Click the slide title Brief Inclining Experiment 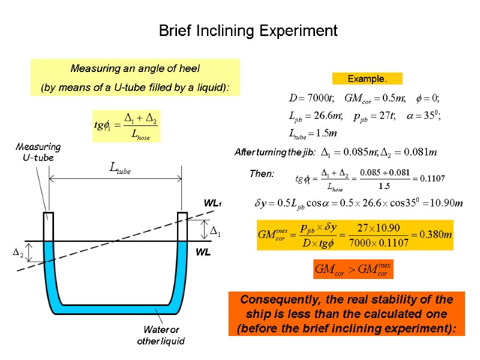248,31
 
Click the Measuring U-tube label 38,152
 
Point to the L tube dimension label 119,170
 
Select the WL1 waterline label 212,204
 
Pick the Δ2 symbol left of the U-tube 19,254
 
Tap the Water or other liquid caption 161,335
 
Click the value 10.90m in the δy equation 445,203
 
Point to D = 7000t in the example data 308,98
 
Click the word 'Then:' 262,174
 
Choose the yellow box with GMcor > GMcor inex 353,269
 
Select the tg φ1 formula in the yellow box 126,125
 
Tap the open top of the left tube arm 49,214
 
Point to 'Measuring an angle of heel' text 135,68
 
